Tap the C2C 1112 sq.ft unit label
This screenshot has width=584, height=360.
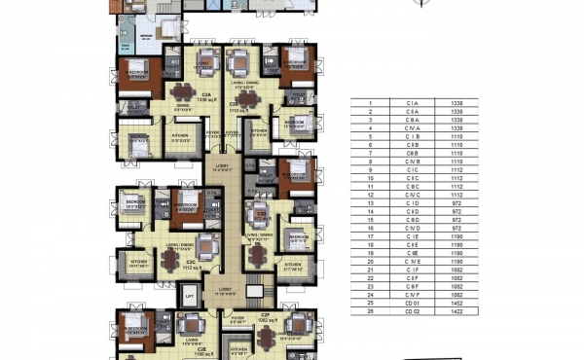pyautogui.click(x=191, y=265)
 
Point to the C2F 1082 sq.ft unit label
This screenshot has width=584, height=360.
pyautogui.click(x=264, y=318)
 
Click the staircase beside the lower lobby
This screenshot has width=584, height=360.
pyautogui.click(x=255, y=290)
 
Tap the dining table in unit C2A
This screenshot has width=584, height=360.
pyautogui.click(x=182, y=93)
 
